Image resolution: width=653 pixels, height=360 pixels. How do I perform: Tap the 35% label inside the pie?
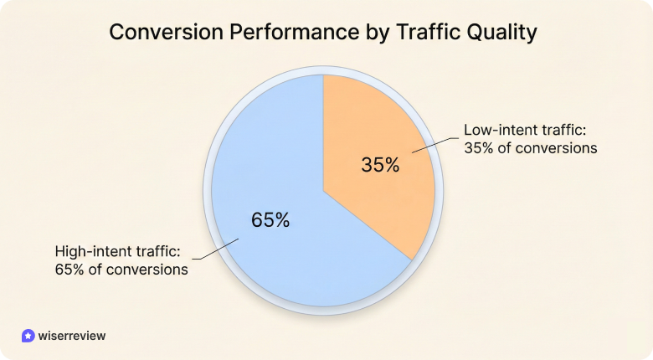coord(380,165)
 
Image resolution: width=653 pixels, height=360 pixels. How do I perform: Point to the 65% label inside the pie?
coord(270,220)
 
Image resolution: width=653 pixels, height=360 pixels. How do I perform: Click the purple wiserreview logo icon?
coord(28,335)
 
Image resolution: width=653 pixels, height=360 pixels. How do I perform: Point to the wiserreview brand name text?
coord(72,335)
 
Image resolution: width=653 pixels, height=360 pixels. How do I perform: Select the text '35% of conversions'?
coord(530,149)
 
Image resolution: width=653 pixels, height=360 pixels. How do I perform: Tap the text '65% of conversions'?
coord(121,270)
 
